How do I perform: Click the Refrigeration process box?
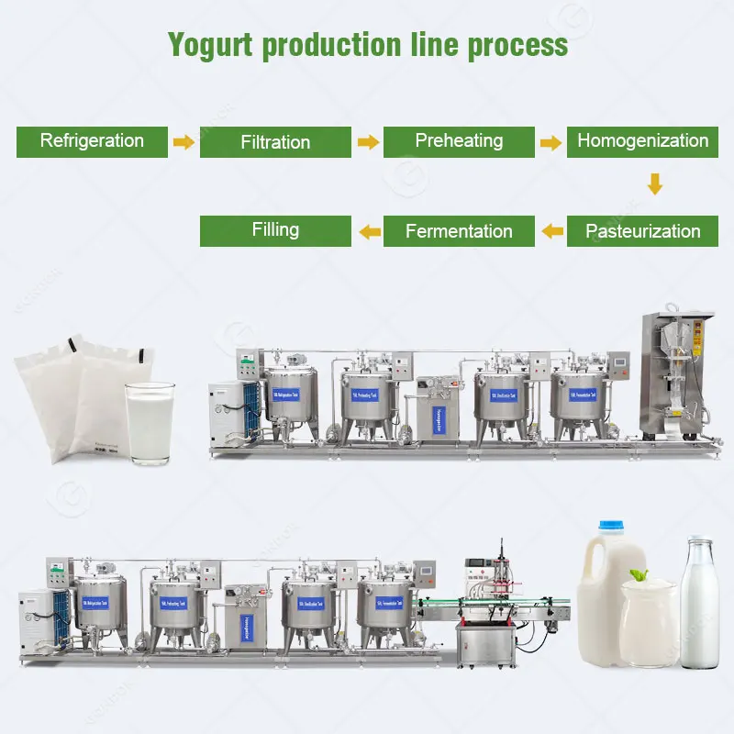click(x=92, y=141)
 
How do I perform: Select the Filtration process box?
click(x=275, y=142)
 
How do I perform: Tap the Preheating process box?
click(x=459, y=141)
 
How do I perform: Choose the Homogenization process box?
click(x=642, y=141)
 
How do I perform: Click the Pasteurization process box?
click(x=642, y=231)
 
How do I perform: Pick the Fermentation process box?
click(x=459, y=231)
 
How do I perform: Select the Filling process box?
click(x=275, y=230)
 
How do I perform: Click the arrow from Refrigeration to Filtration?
click(x=184, y=142)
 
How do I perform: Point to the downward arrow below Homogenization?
click(x=654, y=184)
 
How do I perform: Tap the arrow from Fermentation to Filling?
click(x=369, y=231)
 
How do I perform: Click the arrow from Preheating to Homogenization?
click(x=550, y=142)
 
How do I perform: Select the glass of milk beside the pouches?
click(x=149, y=421)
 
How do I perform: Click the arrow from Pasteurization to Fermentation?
click(x=552, y=231)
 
